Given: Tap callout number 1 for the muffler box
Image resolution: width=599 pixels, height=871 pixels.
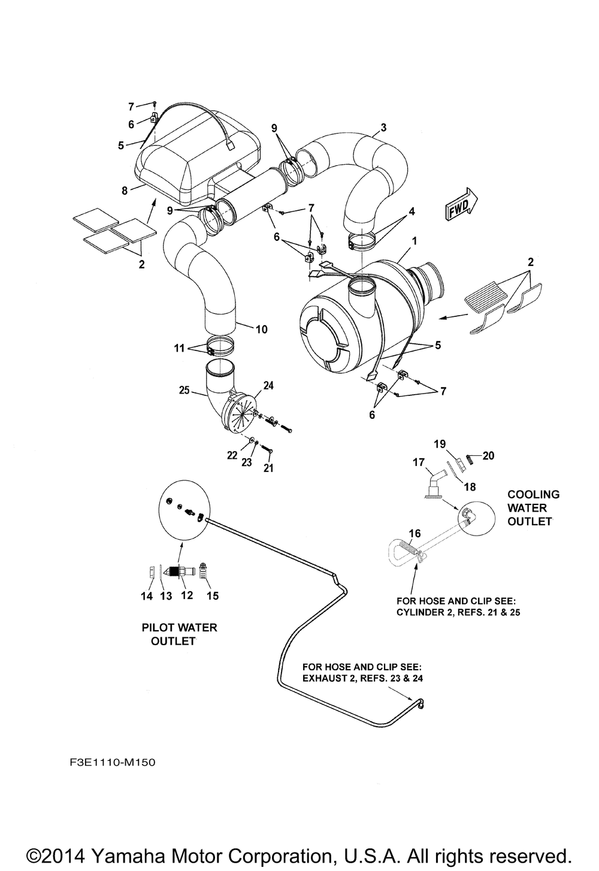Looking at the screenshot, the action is tap(415, 241).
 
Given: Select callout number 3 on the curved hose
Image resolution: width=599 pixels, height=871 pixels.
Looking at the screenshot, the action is tap(383, 127).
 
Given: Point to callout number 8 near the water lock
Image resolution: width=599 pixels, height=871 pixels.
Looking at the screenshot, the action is tap(125, 190).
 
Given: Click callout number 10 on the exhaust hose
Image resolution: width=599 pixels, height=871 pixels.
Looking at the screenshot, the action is tap(262, 329).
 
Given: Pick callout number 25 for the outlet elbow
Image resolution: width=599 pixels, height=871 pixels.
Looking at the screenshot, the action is tap(184, 389).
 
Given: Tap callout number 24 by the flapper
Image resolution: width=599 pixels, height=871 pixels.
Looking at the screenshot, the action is tap(268, 385).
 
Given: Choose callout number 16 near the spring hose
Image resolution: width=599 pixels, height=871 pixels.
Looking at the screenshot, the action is tap(415, 533).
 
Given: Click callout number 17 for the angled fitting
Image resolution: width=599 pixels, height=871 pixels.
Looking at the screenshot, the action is tap(419, 462).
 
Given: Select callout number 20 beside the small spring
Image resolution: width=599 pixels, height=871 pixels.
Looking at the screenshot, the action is tap(488, 455).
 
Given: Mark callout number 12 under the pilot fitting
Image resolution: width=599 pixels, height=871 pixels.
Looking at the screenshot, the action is tap(186, 595).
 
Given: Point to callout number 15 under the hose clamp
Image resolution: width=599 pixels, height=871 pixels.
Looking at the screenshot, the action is tap(213, 595).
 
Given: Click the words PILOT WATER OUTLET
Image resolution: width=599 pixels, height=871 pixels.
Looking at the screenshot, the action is tap(179, 634).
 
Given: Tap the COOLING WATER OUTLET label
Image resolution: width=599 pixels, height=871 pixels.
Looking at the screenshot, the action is tap(533, 508).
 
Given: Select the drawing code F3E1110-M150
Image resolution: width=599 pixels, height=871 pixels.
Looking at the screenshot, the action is tap(113, 763).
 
